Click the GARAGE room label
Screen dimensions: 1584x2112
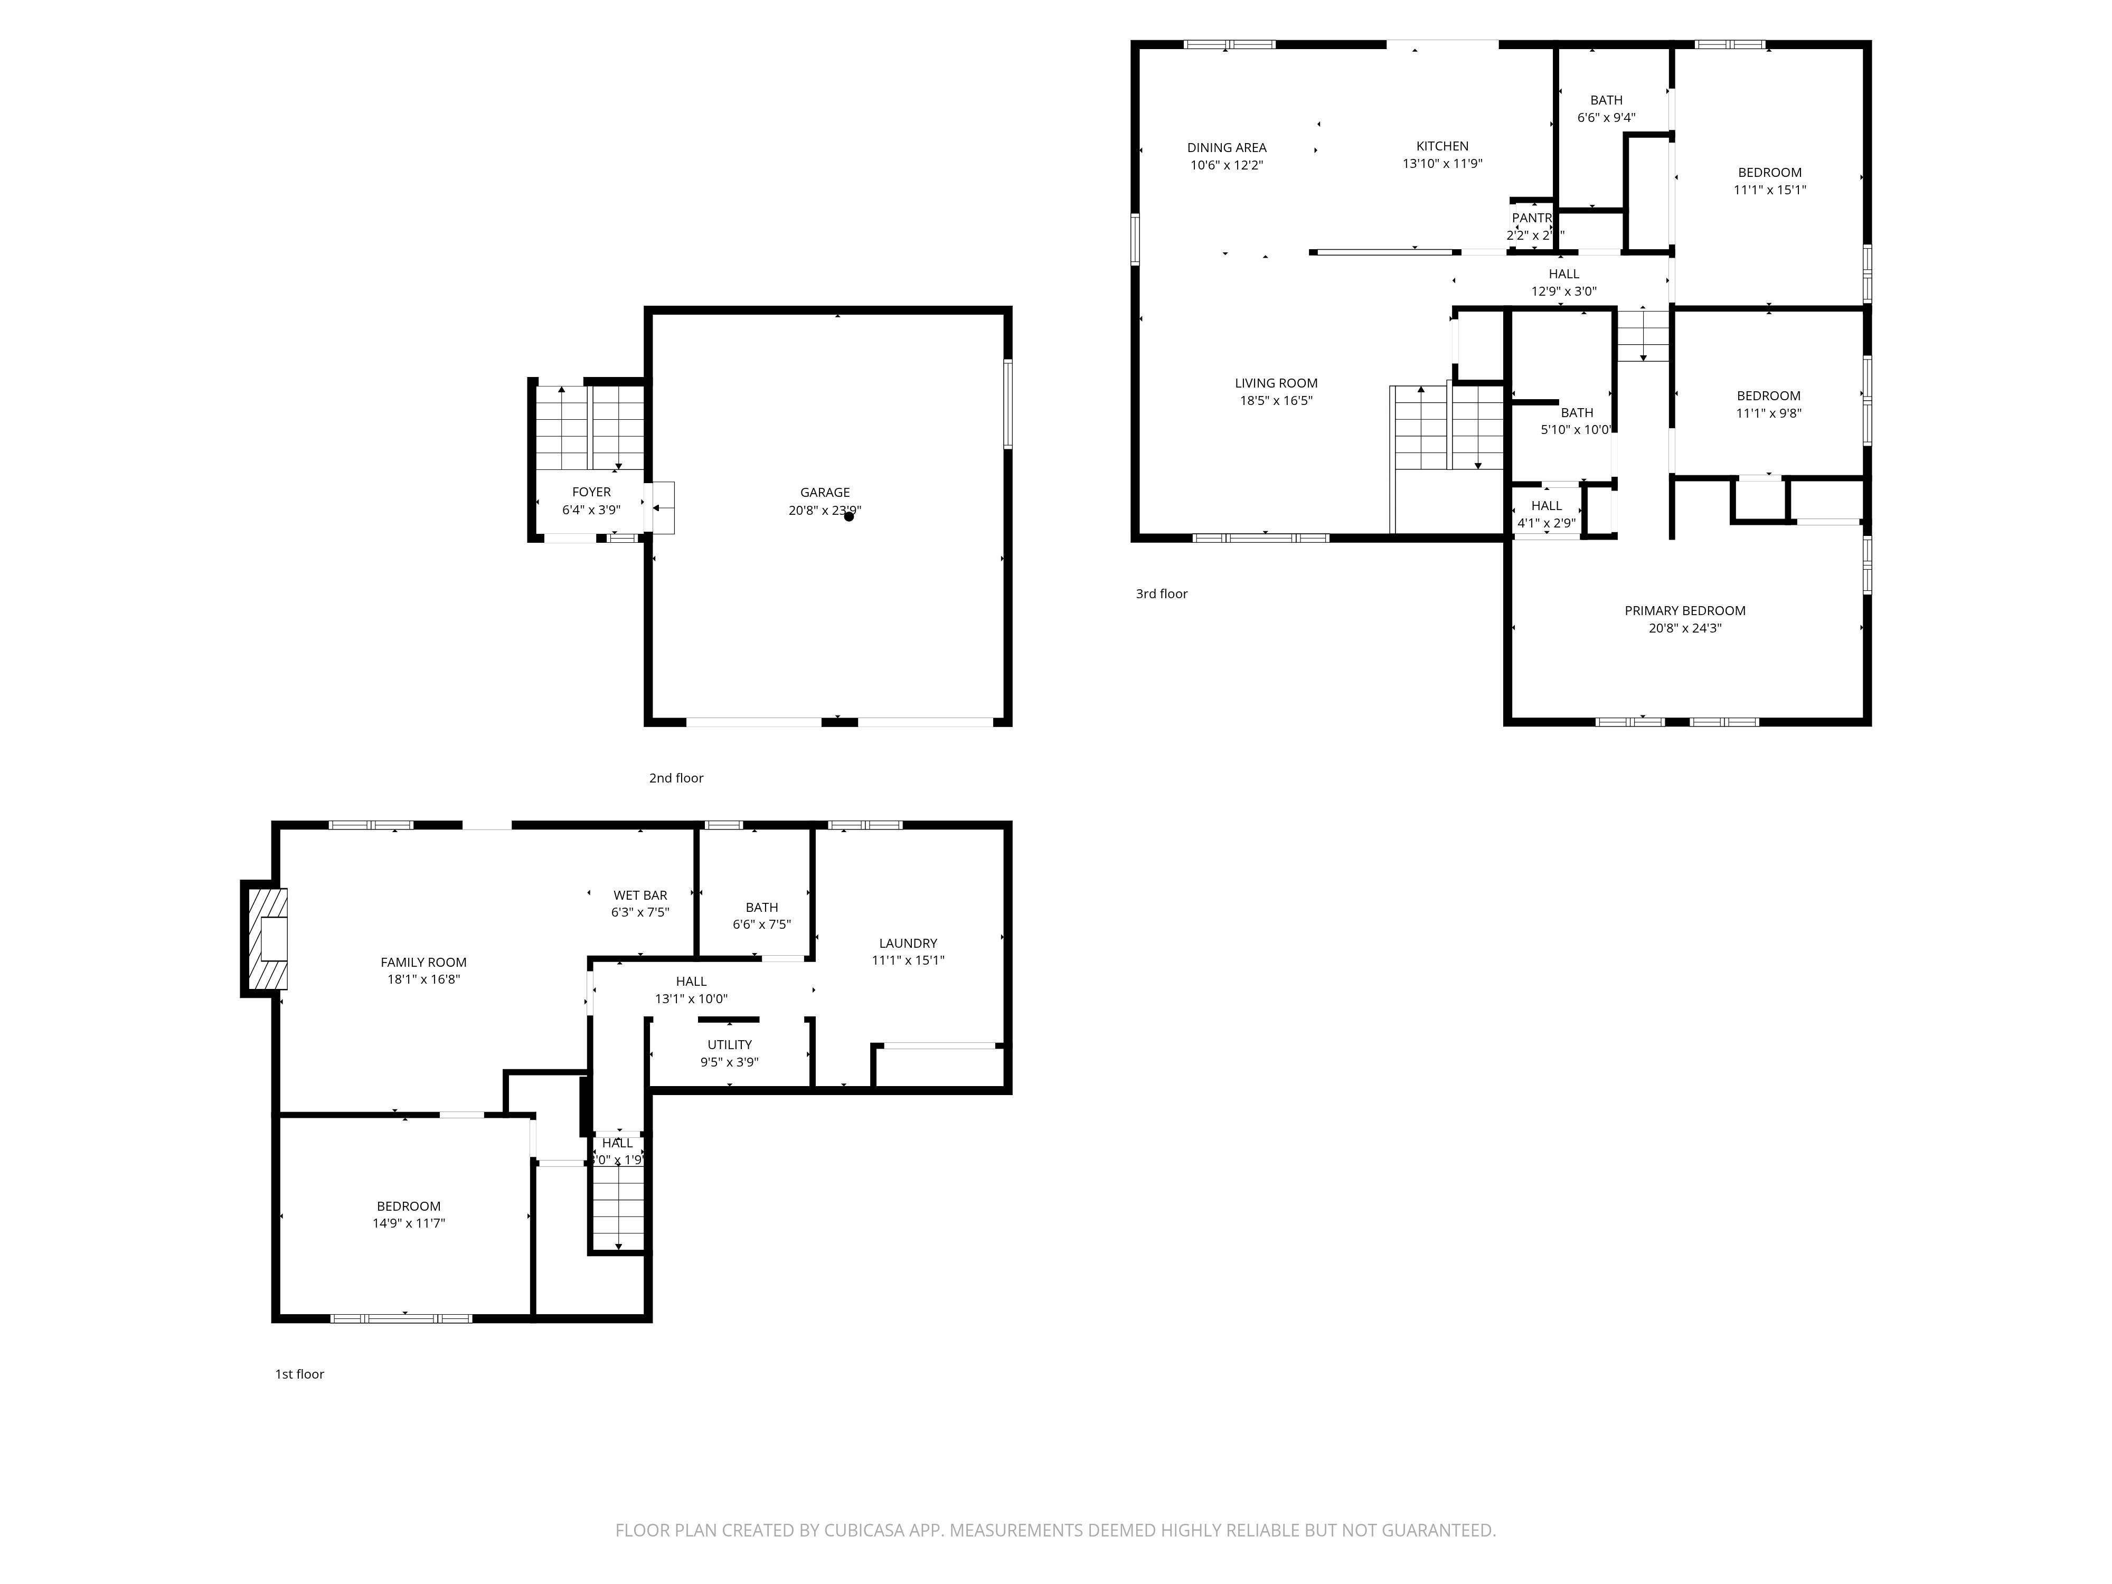point(824,493)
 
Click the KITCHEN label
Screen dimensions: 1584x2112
point(1442,146)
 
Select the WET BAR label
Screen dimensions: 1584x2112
point(640,895)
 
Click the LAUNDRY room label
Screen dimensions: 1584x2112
point(908,944)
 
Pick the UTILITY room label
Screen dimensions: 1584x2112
point(730,1044)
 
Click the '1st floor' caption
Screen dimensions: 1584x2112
point(300,1374)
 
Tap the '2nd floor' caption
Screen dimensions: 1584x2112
point(676,778)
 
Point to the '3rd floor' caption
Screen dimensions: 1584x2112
point(1161,594)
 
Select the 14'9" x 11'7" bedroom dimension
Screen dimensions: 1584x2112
point(409,1223)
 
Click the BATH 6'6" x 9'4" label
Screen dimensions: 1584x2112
point(1606,100)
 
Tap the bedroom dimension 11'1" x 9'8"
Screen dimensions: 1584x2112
point(1768,413)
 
